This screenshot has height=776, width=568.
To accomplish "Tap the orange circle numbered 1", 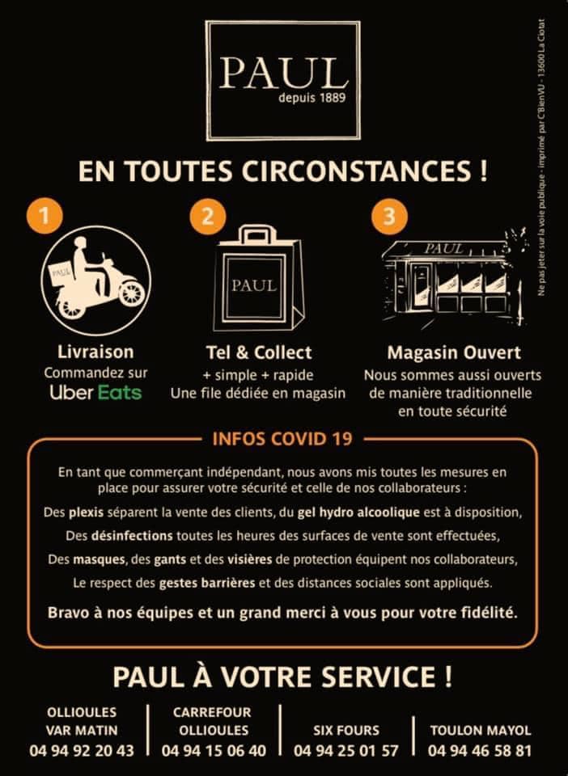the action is [45, 216].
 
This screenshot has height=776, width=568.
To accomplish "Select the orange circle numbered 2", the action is [208, 216].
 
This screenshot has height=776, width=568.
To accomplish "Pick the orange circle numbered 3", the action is [389, 216].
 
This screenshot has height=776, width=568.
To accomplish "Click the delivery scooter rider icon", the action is [96, 280].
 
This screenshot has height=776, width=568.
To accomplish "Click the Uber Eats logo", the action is [95, 393].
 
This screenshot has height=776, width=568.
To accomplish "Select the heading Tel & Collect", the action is [259, 352].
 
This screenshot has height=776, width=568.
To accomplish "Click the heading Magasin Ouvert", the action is [454, 353].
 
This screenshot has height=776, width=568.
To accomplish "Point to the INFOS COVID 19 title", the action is [282, 439].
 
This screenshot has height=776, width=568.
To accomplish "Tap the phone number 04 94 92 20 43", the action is [82, 751].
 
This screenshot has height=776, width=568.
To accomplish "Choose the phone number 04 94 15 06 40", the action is [214, 751].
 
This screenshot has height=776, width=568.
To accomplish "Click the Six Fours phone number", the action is [346, 751].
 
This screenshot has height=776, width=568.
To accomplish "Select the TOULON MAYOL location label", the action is [481, 731].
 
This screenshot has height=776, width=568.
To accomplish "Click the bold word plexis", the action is [86, 512].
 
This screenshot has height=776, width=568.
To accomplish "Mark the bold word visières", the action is [249, 559].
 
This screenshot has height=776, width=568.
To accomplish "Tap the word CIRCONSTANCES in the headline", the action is [355, 171].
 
